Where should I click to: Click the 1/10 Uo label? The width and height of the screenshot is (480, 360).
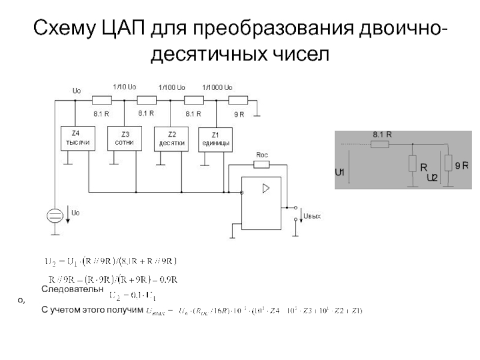pyautogui.click(x=125, y=88)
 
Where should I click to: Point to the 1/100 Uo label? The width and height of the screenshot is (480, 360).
pyautogui.click(x=172, y=88)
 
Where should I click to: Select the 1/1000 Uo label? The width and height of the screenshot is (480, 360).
pyautogui.click(x=217, y=88)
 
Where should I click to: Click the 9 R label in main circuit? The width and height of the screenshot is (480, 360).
pyautogui.click(x=239, y=113)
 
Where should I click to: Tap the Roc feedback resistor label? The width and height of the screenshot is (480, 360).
pyautogui.click(x=262, y=155)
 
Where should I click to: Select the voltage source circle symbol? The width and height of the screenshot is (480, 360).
pyautogui.click(x=55, y=216)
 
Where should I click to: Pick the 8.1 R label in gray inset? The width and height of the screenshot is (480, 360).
pyautogui.click(x=382, y=134)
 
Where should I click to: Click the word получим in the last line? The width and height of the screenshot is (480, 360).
pyautogui.click(x=122, y=310)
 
